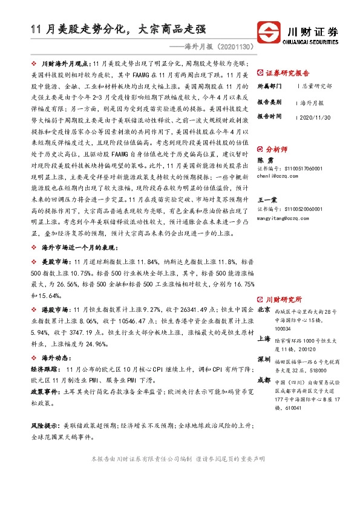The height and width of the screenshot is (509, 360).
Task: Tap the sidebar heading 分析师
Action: (277, 148)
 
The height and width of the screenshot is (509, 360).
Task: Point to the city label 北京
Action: (264, 310)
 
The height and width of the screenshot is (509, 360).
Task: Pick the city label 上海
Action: (264, 339)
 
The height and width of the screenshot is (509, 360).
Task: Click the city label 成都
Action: (264, 381)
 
